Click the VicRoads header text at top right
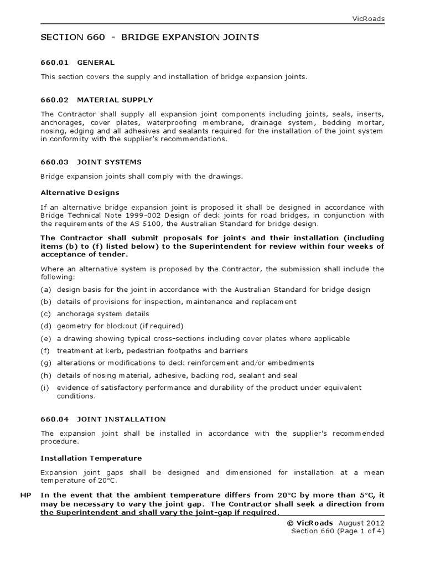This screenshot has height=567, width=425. pyautogui.click(x=369, y=19)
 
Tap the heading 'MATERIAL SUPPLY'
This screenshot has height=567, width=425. pyautogui.click(x=115, y=100)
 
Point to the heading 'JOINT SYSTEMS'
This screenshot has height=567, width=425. pyautogui.click(x=110, y=162)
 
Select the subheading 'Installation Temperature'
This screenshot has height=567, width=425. pyautogui.click(x=91, y=458)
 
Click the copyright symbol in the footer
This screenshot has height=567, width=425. pyautogui.click(x=290, y=523)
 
